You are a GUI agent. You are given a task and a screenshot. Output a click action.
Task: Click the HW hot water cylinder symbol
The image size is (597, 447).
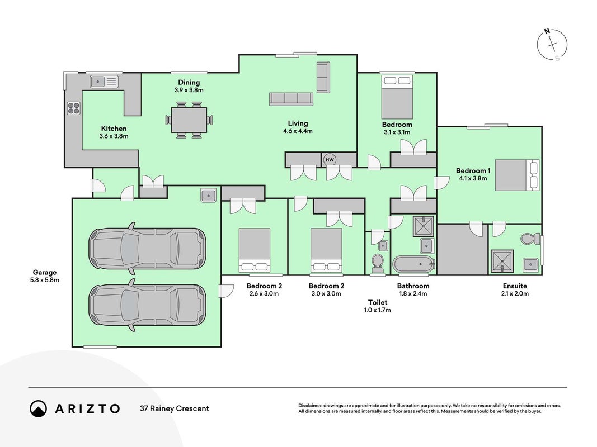[330, 160]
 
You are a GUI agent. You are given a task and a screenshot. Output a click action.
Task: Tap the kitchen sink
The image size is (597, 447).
[104, 82]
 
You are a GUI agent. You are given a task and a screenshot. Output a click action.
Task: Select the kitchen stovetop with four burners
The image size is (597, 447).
[74, 108]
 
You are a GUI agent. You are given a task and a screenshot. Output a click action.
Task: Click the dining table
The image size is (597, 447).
[189, 120]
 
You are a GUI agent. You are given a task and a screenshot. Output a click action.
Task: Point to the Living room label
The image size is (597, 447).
[298, 123]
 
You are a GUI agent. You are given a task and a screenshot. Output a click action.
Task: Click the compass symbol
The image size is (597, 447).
[552, 45]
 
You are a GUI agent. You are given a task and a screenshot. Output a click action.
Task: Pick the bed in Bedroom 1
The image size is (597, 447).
[517, 175]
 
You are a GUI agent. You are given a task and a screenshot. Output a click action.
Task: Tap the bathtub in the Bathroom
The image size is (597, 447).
[414, 264]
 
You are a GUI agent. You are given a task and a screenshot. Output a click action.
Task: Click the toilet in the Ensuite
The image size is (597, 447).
[530, 239]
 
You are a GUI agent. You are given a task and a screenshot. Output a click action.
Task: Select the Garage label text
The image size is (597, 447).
[45, 272]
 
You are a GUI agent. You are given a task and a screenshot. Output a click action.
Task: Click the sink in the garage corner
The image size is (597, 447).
[209, 196]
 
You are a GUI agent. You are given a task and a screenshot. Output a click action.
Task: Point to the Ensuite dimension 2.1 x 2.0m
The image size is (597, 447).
[515, 293]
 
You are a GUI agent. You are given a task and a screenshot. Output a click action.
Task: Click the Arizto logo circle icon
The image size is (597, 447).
[38, 408]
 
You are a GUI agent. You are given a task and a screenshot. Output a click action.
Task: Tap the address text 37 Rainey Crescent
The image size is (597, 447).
[175, 408]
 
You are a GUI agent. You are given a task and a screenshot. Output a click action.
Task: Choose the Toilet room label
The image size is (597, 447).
[377, 302]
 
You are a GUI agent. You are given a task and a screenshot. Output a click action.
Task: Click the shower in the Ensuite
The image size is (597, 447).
[502, 261]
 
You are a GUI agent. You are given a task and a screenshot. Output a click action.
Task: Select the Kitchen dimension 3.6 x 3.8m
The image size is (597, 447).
[114, 136]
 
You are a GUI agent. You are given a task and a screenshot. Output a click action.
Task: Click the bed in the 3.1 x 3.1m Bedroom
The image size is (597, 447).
[397, 97]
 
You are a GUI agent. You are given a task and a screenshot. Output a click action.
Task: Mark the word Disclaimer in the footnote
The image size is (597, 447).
[310, 406]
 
